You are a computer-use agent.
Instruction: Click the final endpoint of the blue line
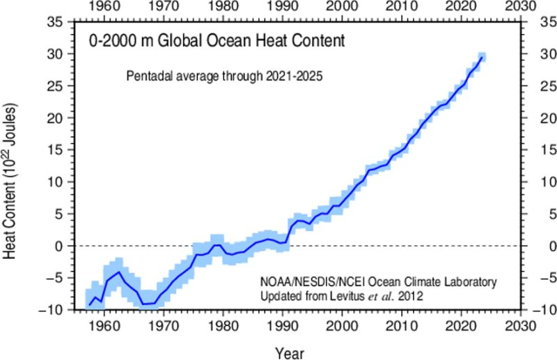[483, 58]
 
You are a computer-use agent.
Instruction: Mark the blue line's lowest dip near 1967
[143, 304]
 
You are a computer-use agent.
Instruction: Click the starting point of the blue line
[89, 305]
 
